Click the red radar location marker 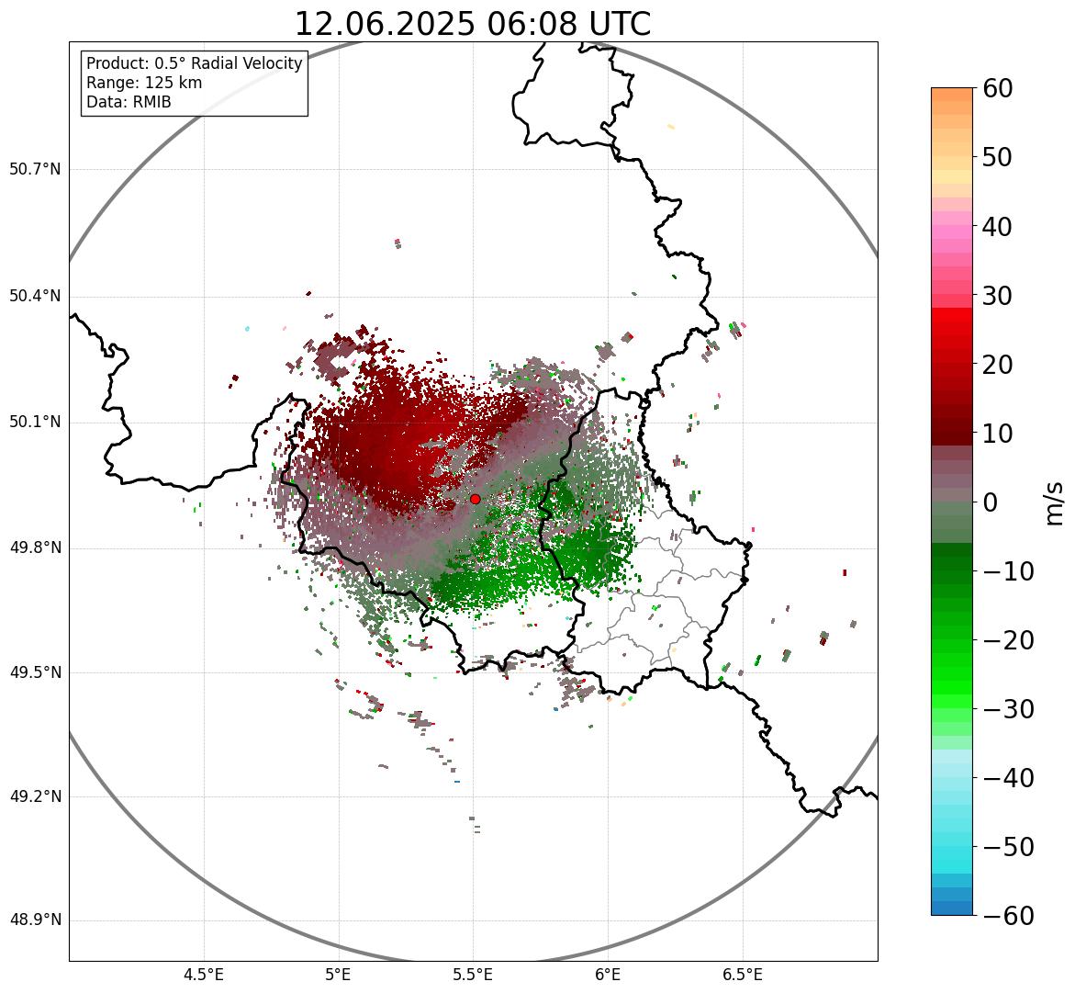click(x=475, y=499)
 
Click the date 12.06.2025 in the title click(x=385, y=24)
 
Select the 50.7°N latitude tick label click(x=35, y=170)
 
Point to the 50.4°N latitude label click(x=35, y=297)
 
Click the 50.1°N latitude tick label click(x=35, y=423)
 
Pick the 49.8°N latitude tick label click(x=35, y=548)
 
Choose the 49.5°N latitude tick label click(x=35, y=673)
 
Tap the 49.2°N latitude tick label click(x=35, y=796)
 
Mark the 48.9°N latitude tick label click(x=35, y=920)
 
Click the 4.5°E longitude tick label click(x=204, y=975)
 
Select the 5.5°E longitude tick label click(x=473, y=975)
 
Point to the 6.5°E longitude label click(x=742, y=975)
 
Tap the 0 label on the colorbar click(x=991, y=502)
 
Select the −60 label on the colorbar click(x=1008, y=916)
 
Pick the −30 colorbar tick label click(x=1008, y=709)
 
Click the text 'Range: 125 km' click(x=144, y=83)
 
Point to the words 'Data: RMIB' click(x=129, y=102)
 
